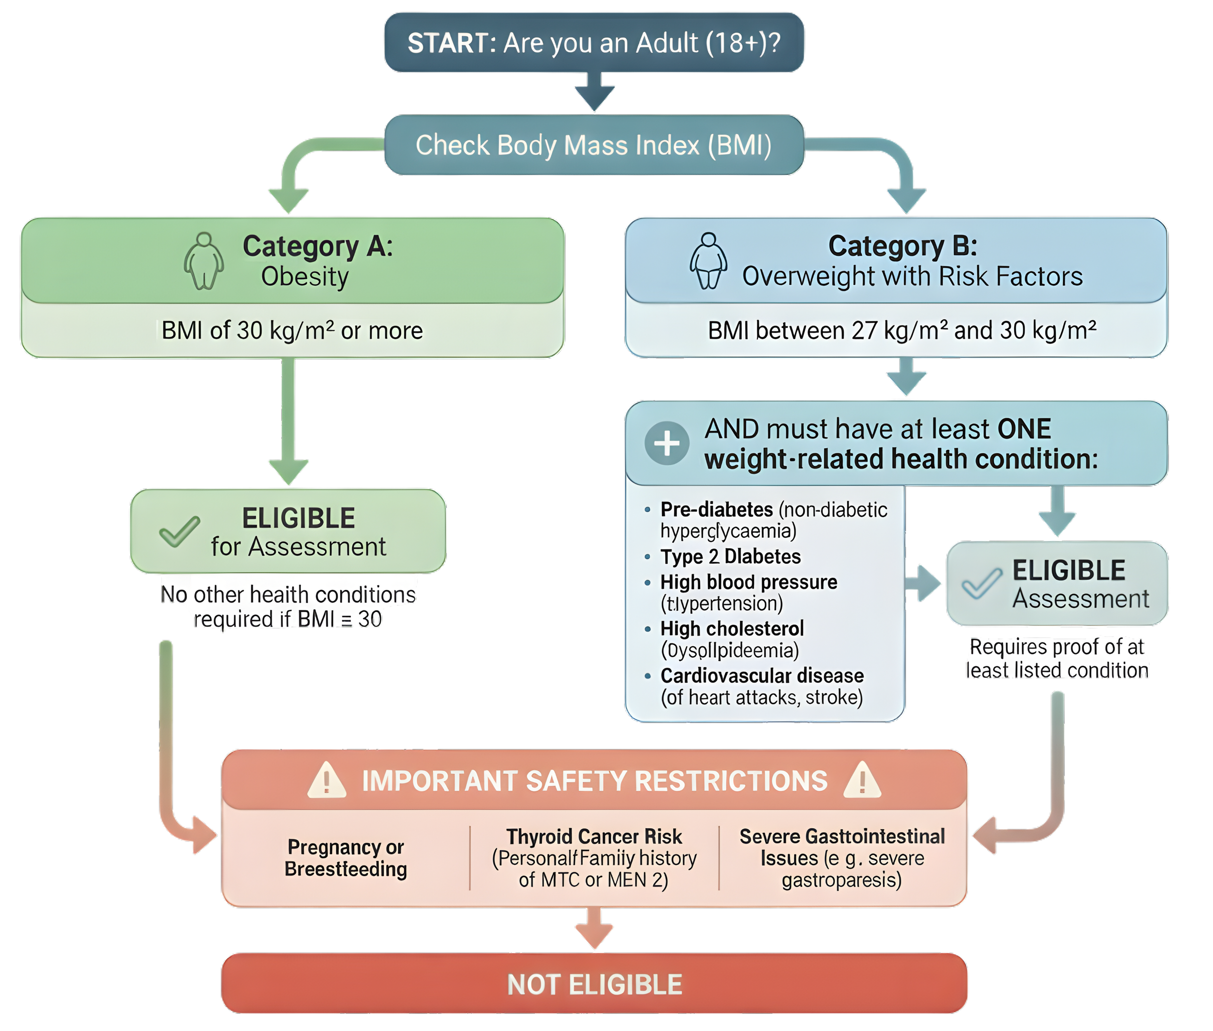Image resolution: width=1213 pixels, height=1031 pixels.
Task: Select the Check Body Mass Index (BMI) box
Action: (593, 145)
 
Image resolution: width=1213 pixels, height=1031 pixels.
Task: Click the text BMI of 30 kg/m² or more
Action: (292, 331)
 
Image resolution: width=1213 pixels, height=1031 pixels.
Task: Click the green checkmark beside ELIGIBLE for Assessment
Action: (179, 531)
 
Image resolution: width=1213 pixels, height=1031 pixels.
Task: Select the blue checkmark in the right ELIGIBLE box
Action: (982, 583)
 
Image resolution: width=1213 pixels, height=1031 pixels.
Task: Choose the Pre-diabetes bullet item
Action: (717, 509)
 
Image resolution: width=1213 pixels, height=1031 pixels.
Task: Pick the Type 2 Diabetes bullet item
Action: (730, 556)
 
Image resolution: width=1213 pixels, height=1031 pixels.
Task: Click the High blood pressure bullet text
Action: (748, 582)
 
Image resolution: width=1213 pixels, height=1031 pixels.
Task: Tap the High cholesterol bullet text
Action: (732, 629)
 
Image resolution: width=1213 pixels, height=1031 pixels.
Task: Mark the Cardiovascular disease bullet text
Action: (762, 676)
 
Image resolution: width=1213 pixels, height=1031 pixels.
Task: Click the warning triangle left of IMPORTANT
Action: (326, 780)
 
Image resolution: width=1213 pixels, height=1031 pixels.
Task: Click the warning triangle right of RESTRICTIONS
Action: (862, 780)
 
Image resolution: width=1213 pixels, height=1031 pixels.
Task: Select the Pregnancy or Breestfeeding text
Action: (345, 858)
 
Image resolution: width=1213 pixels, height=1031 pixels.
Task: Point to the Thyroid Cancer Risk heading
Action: (594, 836)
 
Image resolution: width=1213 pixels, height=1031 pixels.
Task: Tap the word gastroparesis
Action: (841, 880)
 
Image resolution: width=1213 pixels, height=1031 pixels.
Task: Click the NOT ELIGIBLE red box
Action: (594, 985)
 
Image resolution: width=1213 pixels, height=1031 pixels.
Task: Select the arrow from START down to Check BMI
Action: (594, 92)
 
